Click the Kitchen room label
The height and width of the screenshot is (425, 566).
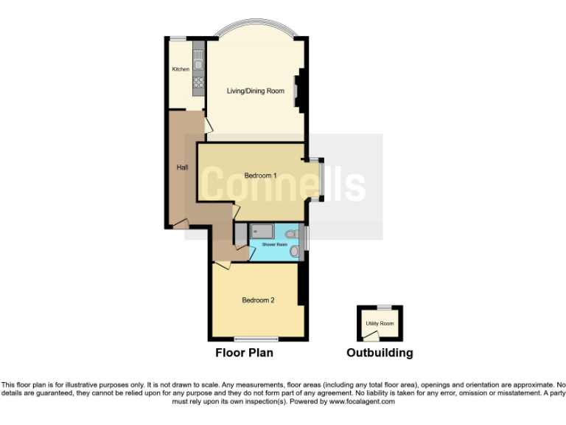181,69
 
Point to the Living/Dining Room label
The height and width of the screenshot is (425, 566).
255,91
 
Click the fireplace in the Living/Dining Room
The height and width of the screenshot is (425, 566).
298,91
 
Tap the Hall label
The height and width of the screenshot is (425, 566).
181,167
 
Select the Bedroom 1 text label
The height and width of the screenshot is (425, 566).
260,176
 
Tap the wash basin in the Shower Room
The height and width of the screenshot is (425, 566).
296,252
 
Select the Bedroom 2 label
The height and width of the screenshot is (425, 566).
258,300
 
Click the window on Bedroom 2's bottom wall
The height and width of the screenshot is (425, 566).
256,339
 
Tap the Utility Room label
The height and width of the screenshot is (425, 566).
380,324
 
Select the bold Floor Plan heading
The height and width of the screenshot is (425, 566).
244,353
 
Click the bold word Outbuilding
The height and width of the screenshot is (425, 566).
380,353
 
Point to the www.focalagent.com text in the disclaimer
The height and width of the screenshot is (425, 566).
361,401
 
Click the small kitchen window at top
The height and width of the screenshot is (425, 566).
178,38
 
